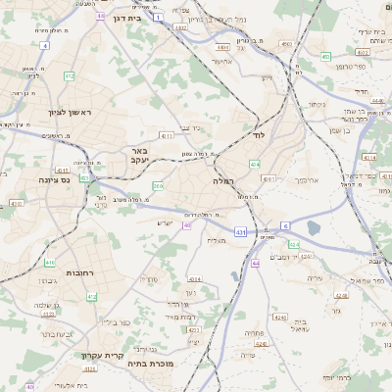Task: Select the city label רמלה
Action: pyautogui.click(x=223, y=180)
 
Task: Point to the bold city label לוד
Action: pyautogui.click(x=259, y=133)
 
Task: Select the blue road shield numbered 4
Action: pyautogui.click(x=44, y=46)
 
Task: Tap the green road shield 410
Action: pyautogui.click(x=49, y=263)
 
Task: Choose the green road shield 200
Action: pyautogui.click(x=158, y=185)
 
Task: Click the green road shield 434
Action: pyautogui.click(x=254, y=164)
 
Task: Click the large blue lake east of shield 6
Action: pyautogui.click(x=313, y=227)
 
